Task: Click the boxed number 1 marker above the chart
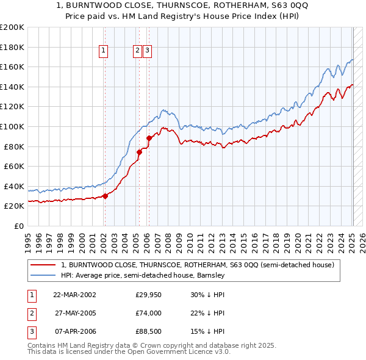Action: click(104, 51)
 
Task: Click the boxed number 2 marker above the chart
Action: click(138, 51)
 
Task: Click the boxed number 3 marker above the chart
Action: click(148, 51)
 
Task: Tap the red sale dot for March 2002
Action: click(105, 196)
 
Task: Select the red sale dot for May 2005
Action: click(139, 152)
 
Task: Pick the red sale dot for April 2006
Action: click(149, 138)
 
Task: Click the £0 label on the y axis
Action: click(18, 226)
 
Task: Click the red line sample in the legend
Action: click(43, 265)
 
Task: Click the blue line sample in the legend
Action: click(43, 275)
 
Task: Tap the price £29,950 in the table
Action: click(148, 295)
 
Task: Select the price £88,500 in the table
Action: click(148, 331)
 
